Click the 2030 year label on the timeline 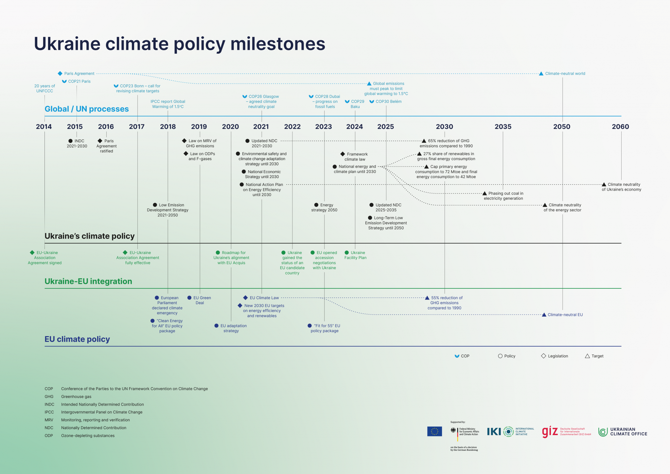(x=444, y=127)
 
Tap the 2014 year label (x=44, y=127)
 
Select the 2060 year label (x=620, y=127)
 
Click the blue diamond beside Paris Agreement (x=60, y=74)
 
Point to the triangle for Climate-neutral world (x=541, y=74)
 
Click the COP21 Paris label (x=79, y=82)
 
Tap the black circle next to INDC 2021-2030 (x=70, y=141)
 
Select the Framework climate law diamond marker (x=343, y=154)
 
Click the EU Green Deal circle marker (x=189, y=298)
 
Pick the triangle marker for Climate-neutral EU (x=544, y=315)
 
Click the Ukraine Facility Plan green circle (x=347, y=253)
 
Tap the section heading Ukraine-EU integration (x=88, y=282)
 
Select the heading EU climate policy (x=77, y=339)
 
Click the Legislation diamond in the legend (x=543, y=356)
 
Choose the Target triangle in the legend (x=587, y=356)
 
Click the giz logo (x=550, y=431)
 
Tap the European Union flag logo (x=434, y=431)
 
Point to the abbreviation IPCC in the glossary (x=49, y=412)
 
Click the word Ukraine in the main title (x=67, y=44)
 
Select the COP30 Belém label (x=388, y=101)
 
